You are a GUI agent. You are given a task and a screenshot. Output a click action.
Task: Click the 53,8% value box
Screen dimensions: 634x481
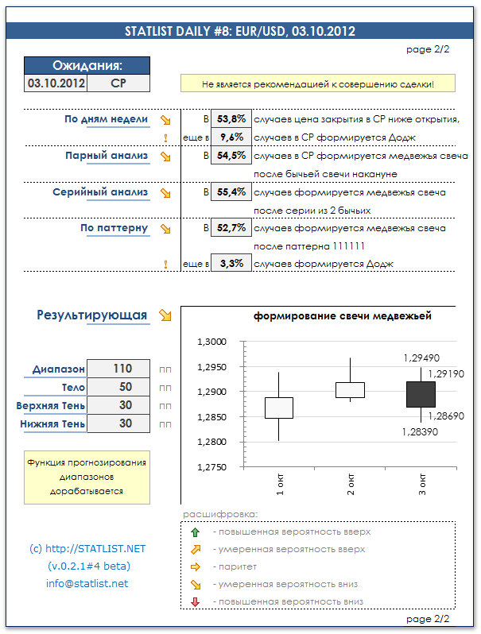pos(231,119)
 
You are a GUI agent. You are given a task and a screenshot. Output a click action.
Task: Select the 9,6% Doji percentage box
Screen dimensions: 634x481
pos(231,137)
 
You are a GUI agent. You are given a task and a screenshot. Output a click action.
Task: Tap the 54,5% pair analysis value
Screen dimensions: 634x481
pos(231,156)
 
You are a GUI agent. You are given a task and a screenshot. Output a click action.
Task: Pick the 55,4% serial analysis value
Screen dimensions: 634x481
pos(231,192)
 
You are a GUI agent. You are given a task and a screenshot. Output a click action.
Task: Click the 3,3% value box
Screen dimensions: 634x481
pos(231,264)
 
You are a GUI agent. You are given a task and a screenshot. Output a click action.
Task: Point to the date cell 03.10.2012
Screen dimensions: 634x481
pos(56,83)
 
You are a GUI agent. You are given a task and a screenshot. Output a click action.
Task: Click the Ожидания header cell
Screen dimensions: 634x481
pos(87,66)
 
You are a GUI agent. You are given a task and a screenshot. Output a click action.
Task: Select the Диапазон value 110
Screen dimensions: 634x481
pos(122,369)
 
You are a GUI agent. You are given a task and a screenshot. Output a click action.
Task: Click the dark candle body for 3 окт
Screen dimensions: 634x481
pos(421,394)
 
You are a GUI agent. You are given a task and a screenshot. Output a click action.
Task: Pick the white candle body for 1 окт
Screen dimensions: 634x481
pos(279,408)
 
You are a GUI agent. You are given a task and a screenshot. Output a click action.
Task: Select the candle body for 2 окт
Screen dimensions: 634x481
pos(350,389)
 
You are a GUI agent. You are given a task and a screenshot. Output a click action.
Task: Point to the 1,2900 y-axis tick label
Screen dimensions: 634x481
pos(211,392)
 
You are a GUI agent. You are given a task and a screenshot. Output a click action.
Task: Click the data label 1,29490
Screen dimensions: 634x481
pos(421,359)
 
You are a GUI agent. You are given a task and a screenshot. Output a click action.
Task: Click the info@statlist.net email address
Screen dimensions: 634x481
pos(87,584)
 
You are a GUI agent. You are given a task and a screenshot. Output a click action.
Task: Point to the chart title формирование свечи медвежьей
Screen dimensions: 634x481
pos(343,316)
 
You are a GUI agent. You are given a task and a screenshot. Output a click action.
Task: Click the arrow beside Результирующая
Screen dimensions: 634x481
pos(165,315)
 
